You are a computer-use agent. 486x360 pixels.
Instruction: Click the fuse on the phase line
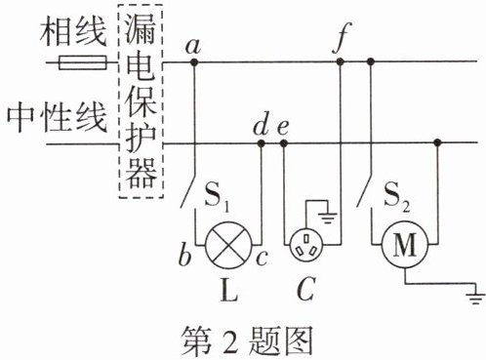[83, 62]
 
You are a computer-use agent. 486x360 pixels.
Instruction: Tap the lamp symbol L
[228, 245]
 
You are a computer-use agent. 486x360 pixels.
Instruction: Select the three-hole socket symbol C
[306, 245]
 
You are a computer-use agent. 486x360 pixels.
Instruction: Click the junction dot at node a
[194, 61]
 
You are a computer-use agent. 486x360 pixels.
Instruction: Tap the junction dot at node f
[340, 61]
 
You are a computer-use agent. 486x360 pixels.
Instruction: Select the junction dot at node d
[261, 143]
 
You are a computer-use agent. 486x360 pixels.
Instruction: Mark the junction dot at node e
[284, 143]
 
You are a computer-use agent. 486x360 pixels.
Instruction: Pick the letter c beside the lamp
[262, 258]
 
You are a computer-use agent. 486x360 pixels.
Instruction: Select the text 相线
[73, 31]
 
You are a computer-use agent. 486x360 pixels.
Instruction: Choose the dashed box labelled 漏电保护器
[141, 101]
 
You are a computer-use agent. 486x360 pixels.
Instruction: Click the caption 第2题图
[247, 340]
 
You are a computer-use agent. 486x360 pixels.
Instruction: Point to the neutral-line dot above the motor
[437, 142]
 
